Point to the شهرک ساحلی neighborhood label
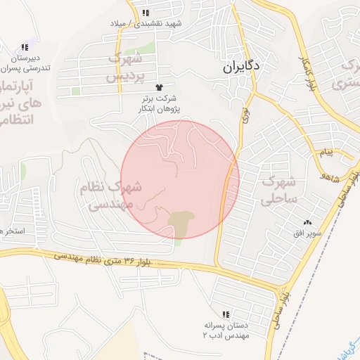click(x=281, y=190)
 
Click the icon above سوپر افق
click(x=307, y=222)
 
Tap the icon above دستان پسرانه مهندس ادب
click(x=226, y=314)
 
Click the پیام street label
click(x=325, y=153)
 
